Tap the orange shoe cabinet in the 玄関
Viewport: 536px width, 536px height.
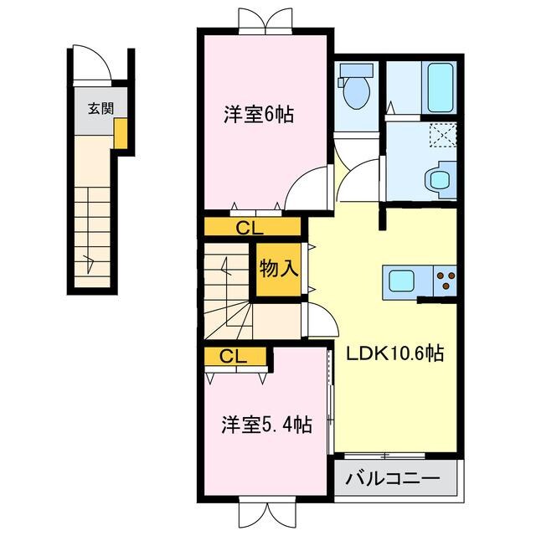click(121, 134)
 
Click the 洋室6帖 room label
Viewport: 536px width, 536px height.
click(258, 116)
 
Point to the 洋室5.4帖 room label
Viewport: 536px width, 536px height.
click(267, 425)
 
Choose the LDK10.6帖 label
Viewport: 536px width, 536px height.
click(395, 353)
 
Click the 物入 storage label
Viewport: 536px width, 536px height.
click(277, 270)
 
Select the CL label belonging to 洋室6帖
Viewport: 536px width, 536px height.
click(249, 226)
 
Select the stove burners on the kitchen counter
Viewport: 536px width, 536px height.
click(445, 279)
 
